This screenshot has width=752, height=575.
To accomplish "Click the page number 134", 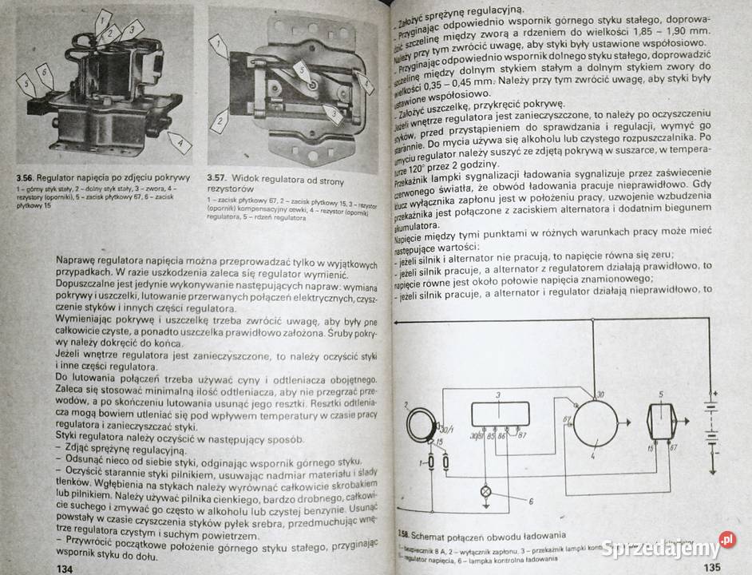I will point(60,566).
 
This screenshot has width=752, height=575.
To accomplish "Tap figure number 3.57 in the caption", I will point(218,177).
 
